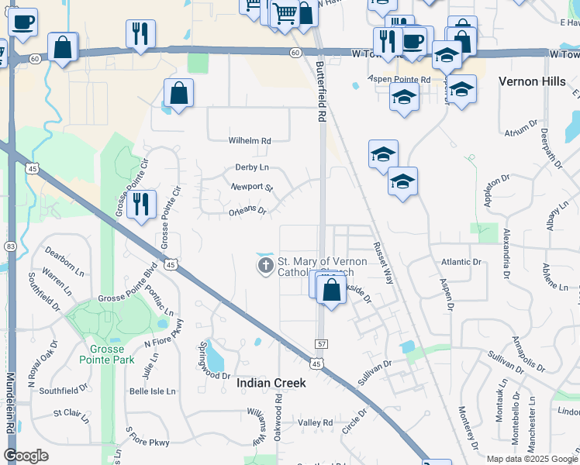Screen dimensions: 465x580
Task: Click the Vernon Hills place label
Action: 535,81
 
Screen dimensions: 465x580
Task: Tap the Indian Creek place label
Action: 271,383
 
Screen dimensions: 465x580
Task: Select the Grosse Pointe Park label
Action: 106,354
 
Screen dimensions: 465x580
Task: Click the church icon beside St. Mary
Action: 265,267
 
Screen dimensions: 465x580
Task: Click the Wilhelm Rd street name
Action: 249,141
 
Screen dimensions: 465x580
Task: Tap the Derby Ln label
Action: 252,167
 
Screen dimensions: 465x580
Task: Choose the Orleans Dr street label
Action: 247,210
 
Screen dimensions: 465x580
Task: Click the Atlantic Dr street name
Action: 461,262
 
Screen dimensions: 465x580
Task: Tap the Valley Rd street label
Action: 316,422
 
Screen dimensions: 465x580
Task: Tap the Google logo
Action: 26,456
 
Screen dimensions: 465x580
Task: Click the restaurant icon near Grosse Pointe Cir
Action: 142,204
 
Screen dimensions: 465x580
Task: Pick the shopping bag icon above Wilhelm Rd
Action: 178,94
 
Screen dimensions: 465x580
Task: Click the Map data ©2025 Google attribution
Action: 531,459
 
